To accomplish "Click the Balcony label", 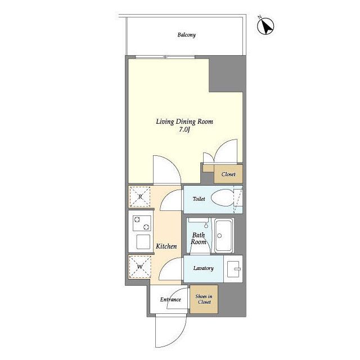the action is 186,35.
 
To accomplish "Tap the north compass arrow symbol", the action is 265,26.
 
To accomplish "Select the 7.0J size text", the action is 184,130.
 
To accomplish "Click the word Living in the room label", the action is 165,121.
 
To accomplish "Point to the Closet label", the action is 228,174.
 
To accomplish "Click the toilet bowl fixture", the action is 222,198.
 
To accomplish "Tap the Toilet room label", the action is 199,199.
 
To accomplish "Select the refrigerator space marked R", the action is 140,196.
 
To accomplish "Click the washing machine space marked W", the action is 140,267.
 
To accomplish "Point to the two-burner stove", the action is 142,223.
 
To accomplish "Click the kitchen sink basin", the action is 143,242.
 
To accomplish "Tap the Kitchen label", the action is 166,246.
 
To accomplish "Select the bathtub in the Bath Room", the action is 224,236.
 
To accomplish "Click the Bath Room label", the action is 199,238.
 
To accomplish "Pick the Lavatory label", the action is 204,268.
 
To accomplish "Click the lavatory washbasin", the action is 233,269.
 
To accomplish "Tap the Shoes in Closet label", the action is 204,299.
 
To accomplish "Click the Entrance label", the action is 170,300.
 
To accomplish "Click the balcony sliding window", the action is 165,57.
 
